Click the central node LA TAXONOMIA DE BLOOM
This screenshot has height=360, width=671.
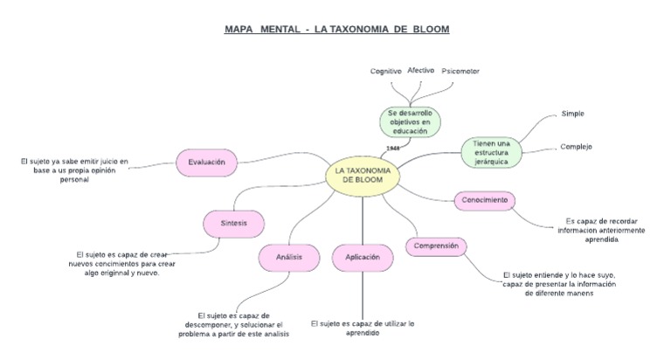click(363, 175)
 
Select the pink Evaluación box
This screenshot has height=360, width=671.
click(206, 162)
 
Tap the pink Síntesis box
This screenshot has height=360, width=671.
click(234, 224)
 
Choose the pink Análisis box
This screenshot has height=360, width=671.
click(288, 258)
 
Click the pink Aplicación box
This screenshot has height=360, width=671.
click(363, 258)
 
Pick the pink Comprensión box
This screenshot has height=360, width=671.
click(436, 246)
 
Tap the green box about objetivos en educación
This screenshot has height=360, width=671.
click(410, 122)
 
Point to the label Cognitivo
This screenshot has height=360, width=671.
click(385, 71)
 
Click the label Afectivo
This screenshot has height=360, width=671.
click(421, 70)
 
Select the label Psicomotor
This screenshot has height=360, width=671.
click(460, 71)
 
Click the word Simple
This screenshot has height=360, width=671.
click(572, 114)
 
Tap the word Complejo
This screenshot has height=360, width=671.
click(576, 146)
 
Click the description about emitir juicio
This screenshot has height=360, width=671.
click(74, 170)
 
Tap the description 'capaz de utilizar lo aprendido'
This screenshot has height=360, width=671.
click(363, 328)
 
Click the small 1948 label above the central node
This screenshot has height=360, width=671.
click(392, 148)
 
